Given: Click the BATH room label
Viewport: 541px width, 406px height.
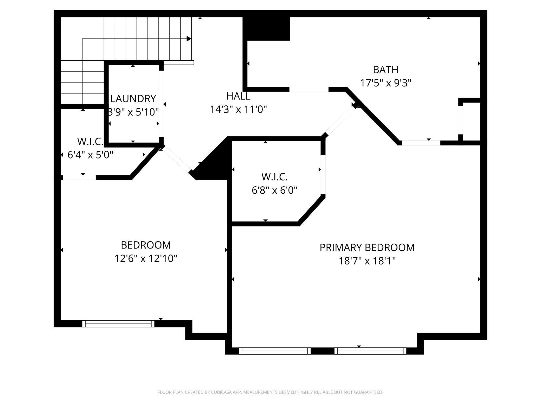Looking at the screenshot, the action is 385,70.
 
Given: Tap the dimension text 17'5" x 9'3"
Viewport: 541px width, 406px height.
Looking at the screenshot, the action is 385,83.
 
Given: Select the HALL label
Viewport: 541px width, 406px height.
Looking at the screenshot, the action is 238,96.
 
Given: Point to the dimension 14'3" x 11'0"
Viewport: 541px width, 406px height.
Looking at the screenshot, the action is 238,110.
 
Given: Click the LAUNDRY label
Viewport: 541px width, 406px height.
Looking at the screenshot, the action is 133,99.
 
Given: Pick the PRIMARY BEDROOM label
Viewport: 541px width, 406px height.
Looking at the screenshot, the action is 367,248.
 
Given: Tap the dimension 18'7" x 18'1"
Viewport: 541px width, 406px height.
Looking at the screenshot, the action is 367,261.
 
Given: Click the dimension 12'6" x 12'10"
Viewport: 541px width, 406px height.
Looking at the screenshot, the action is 146,258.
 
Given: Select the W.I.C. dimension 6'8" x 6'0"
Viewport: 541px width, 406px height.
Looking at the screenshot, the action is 274,190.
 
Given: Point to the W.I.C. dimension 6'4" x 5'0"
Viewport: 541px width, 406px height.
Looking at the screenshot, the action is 90,155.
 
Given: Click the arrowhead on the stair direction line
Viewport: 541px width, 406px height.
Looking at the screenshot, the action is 189,39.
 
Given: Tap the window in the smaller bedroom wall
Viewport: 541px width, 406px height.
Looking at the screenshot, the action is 118,323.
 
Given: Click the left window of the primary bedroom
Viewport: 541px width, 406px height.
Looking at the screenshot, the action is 275,351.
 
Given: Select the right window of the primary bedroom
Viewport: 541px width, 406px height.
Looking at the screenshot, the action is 370,351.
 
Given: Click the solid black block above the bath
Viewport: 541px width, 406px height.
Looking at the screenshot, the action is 266,29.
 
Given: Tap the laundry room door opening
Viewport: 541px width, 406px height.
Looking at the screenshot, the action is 161,104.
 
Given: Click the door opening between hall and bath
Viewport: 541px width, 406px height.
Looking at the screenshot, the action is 309,89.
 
